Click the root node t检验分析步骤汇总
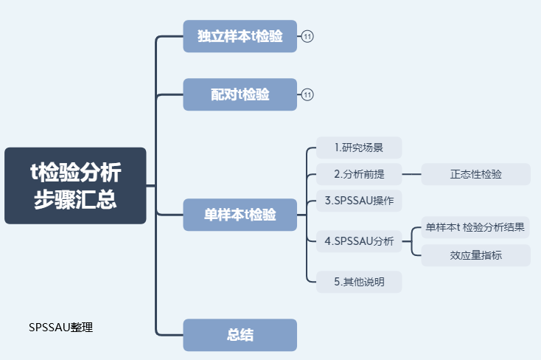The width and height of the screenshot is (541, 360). [x=75, y=185]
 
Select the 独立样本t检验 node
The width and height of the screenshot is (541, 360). [x=240, y=36]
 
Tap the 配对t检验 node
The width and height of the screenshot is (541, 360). [x=240, y=94]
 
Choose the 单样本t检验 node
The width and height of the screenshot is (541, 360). [x=240, y=215]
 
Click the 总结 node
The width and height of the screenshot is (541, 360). [x=240, y=335]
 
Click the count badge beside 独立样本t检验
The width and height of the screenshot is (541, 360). [x=307, y=36]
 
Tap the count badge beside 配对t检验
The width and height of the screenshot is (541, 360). [x=307, y=94]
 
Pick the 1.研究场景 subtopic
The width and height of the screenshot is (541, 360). [x=359, y=148]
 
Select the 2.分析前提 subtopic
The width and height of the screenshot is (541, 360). [x=359, y=175]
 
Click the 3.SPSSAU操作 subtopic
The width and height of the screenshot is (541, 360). [x=359, y=201]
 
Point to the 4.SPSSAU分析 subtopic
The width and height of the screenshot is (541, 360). [x=359, y=240]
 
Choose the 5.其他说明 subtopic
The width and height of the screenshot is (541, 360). [x=359, y=281]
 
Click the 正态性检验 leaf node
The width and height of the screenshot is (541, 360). [x=475, y=175]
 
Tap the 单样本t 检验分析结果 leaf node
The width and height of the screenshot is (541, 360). [x=475, y=228]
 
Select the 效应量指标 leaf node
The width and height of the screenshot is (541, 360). [x=475, y=255]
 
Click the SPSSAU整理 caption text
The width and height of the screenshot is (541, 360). [x=61, y=328]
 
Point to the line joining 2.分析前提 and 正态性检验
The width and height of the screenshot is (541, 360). [x=411, y=175]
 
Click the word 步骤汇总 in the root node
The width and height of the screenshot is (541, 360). [x=75, y=199]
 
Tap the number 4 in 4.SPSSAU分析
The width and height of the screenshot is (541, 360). [x=327, y=241]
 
